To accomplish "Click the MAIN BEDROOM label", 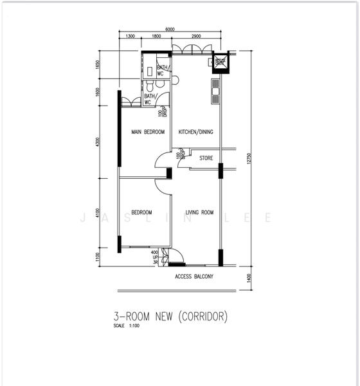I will pyautogui.click(x=148, y=133).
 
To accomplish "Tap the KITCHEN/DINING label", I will pyautogui.click(x=195, y=133).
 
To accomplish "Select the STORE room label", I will pyautogui.click(x=206, y=158).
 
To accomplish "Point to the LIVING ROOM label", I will pyautogui.click(x=199, y=212).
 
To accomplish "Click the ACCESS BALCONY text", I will pyautogui.click(x=194, y=277).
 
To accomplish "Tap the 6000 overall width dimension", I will pyautogui.click(x=170, y=30).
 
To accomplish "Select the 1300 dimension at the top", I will pyautogui.click(x=130, y=37).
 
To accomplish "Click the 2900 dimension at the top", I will pyautogui.click(x=196, y=37).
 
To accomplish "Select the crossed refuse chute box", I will pyautogui.click(x=221, y=62).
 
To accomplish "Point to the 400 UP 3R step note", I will pyautogui.click(x=154, y=257).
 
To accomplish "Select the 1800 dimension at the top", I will pyautogui.click(x=156, y=37).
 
